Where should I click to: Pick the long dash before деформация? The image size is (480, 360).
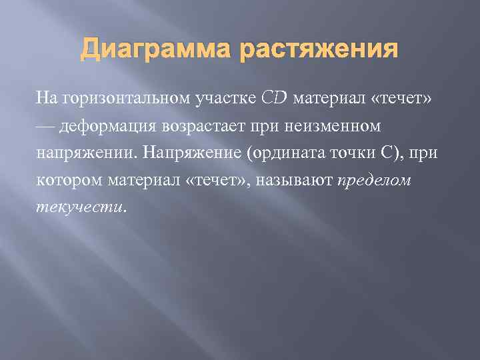pyautogui.click(x=47, y=126)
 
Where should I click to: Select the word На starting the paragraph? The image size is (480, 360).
pyautogui.click(x=47, y=99)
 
